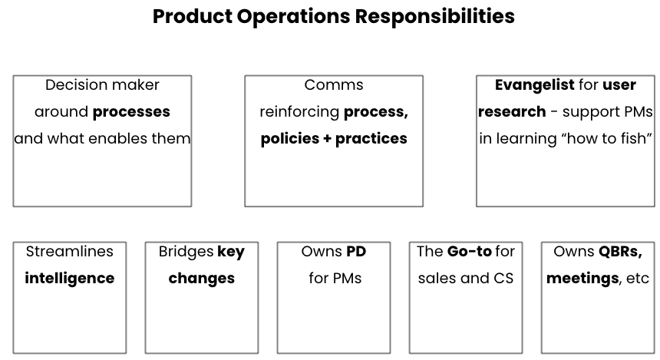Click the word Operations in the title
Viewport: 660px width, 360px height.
click(293, 17)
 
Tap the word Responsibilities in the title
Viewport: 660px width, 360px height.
click(435, 17)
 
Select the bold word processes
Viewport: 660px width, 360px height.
click(131, 112)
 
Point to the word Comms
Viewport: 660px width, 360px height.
click(334, 85)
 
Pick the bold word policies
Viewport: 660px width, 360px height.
click(290, 139)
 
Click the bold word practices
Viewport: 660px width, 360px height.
click(371, 139)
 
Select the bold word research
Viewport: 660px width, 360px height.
click(512, 112)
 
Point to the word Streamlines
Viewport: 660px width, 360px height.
click(69, 251)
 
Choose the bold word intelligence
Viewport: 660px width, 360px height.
click(69, 279)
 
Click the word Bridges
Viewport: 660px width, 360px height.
click(186, 252)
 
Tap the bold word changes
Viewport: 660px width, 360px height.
click(202, 279)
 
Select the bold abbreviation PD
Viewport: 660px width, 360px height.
click(356, 251)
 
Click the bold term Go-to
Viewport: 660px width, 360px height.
click(470, 251)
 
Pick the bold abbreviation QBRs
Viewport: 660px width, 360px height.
click(620, 252)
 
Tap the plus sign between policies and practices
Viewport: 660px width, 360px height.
click(327, 139)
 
